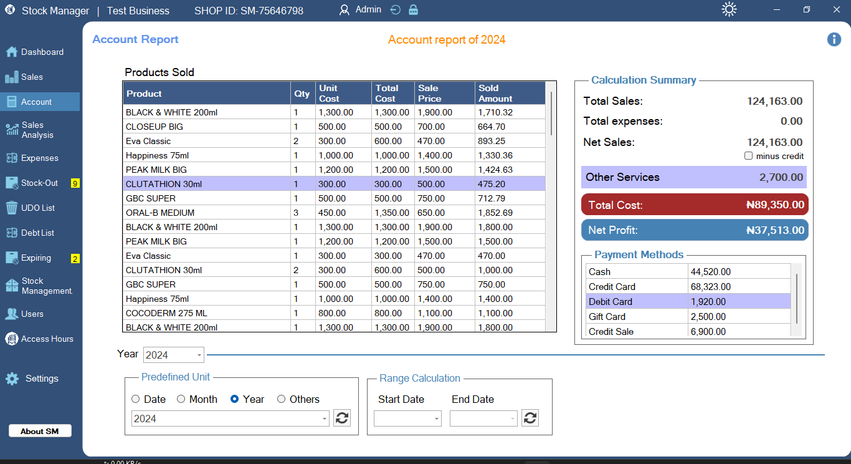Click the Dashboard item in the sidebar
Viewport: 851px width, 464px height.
(41, 52)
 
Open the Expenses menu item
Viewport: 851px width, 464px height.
(39, 158)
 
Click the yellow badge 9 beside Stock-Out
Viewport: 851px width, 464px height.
(75, 183)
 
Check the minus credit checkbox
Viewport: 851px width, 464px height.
(749, 156)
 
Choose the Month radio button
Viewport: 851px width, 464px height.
(181, 399)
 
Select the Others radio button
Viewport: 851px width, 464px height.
(282, 399)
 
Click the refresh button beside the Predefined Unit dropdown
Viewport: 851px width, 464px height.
(342, 418)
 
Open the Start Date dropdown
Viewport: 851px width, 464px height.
(407, 418)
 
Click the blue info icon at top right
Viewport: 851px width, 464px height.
(834, 39)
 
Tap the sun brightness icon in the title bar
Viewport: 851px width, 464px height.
(729, 10)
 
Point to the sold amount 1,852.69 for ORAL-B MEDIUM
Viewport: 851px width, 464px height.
(495, 213)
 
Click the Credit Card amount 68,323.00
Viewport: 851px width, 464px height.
(710, 287)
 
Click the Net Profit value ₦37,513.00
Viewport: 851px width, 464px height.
(775, 230)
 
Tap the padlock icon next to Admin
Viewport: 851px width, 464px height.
(414, 10)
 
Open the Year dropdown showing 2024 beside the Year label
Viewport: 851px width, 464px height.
(174, 355)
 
